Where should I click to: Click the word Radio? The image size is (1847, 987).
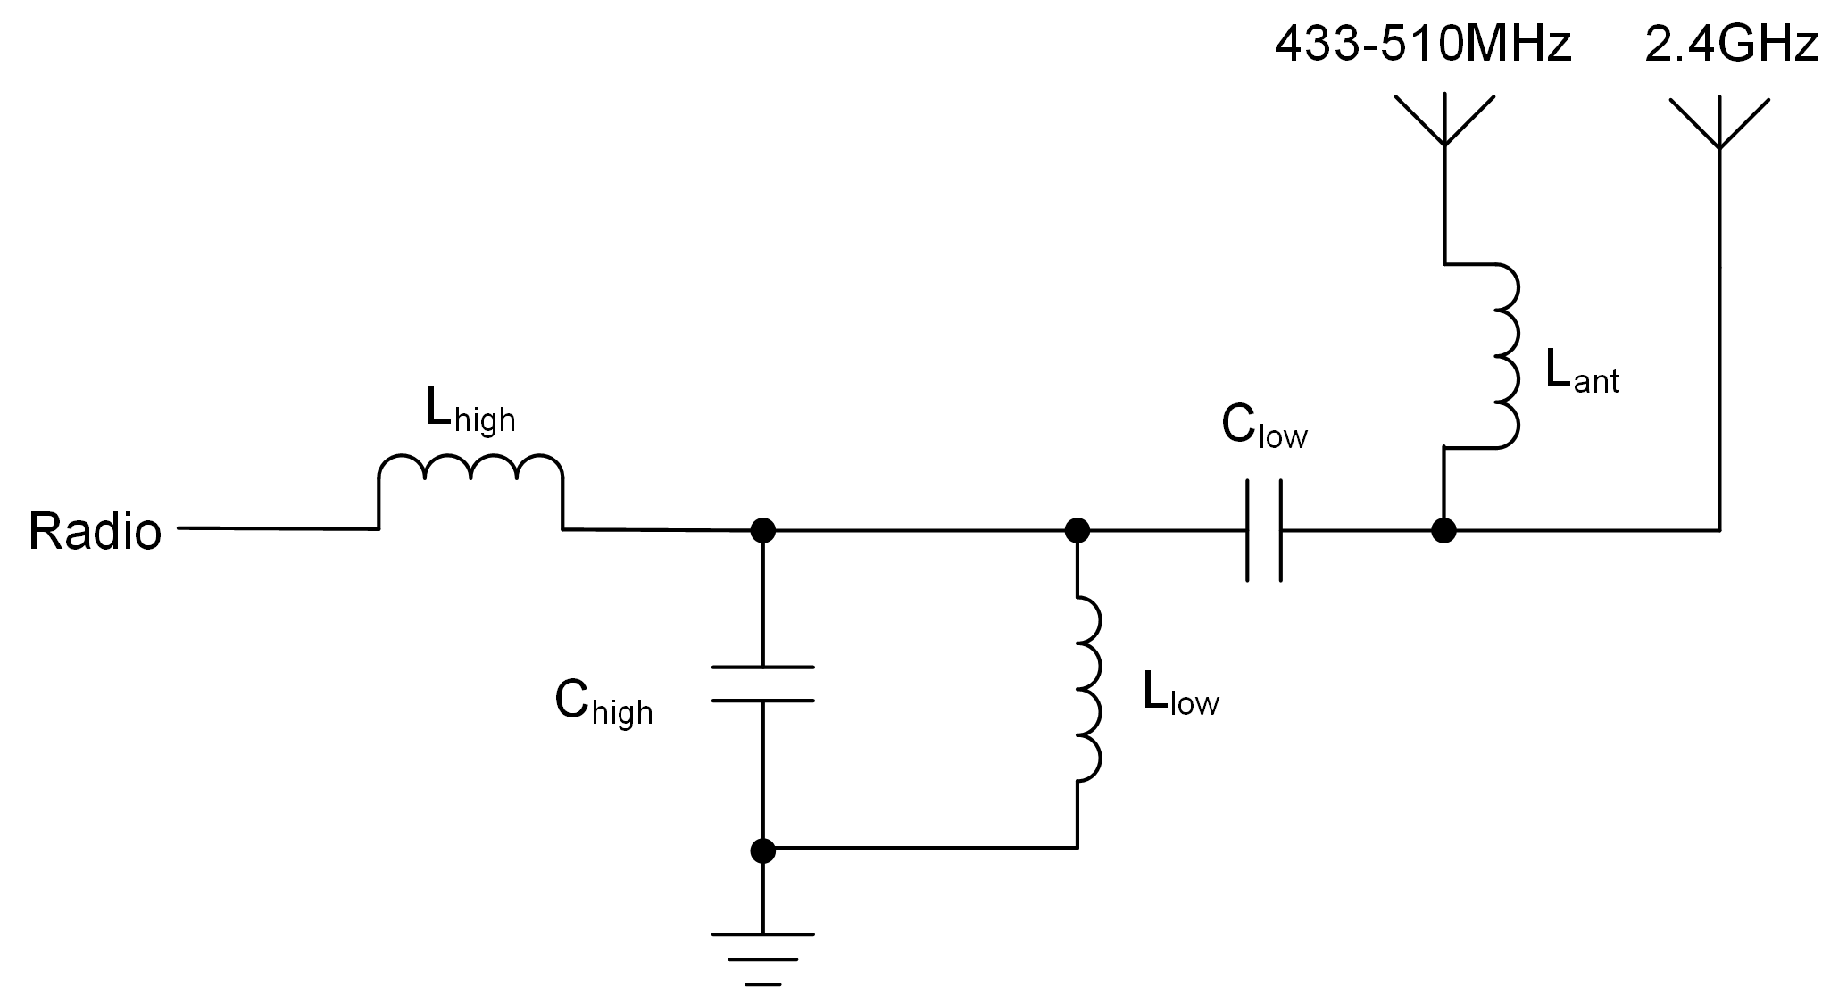pos(95,532)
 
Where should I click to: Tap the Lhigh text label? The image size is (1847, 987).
pos(470,411)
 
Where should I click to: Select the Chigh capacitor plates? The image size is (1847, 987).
pos(762,684)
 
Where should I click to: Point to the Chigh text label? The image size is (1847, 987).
pos(603,703)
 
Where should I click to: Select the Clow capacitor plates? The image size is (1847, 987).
pos(1263,531)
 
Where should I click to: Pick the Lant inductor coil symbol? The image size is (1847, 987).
pos(1504,355)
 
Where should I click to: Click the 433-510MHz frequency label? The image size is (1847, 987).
pos(1422,45)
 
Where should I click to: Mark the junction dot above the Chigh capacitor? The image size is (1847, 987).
pos(762,531)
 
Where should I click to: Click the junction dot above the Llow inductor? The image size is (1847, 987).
pos(1077,531)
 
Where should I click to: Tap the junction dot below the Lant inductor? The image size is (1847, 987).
pos(1443,531)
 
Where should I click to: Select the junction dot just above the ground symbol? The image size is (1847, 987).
pos(762,850)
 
